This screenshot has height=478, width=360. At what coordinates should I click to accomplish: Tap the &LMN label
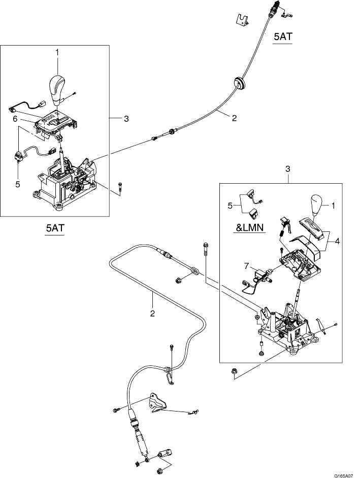pos(250,228)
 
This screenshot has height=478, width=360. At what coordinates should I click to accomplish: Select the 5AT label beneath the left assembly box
pos(54,229)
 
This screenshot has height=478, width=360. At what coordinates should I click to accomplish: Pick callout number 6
pos(16,118)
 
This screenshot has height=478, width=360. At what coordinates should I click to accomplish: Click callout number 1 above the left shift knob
pos(57,52)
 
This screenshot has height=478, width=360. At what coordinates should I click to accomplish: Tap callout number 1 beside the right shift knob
pos(333,206)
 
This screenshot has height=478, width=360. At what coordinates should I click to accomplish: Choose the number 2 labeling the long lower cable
pos(152,313)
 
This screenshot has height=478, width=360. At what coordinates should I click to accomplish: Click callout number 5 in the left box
pos(17,184)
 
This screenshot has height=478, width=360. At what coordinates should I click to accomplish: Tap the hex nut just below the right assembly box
pos(235,372)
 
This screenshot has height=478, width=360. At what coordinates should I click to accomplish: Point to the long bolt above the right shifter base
pos(205,252)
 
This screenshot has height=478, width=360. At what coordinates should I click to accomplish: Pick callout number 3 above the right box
pos(288,168)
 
